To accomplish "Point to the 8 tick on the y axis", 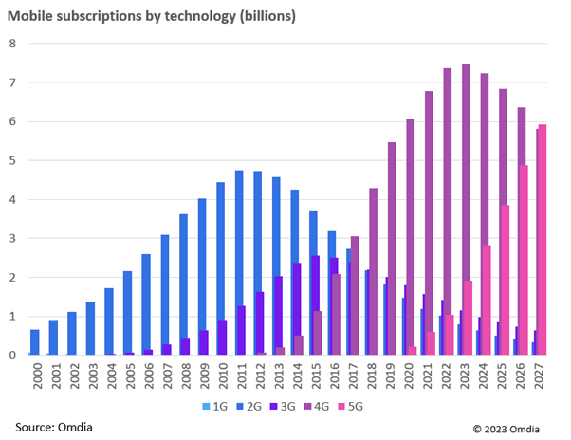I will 12,43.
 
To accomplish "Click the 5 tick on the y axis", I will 12,160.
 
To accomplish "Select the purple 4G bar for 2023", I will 466,210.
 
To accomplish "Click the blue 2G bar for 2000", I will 35,342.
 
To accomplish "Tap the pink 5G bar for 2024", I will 487,300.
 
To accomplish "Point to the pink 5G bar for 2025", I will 506,280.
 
